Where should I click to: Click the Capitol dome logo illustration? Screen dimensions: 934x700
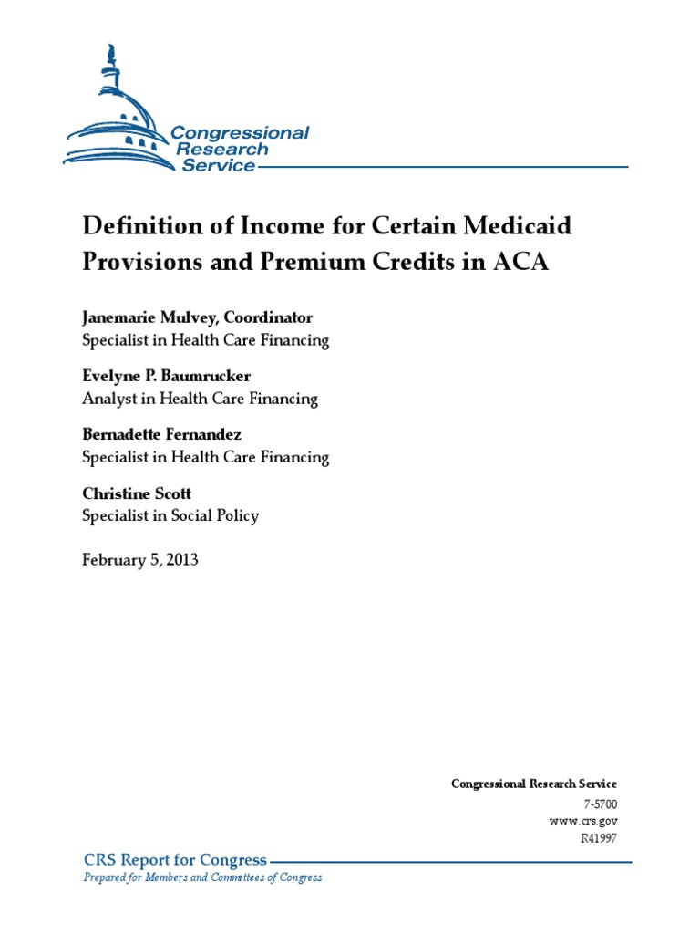[118, 119]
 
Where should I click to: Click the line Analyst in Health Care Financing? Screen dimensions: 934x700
[200, 399]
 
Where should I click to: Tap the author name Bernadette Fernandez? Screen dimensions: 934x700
[161, 434]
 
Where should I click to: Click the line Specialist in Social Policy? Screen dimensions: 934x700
[170, 515]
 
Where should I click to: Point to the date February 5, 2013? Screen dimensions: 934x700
[139, 559]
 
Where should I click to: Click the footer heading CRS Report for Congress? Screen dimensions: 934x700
[176, 860]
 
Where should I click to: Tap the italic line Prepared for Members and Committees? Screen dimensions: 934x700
[202, 877]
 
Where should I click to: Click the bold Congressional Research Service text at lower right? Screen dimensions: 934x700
[534, 784]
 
